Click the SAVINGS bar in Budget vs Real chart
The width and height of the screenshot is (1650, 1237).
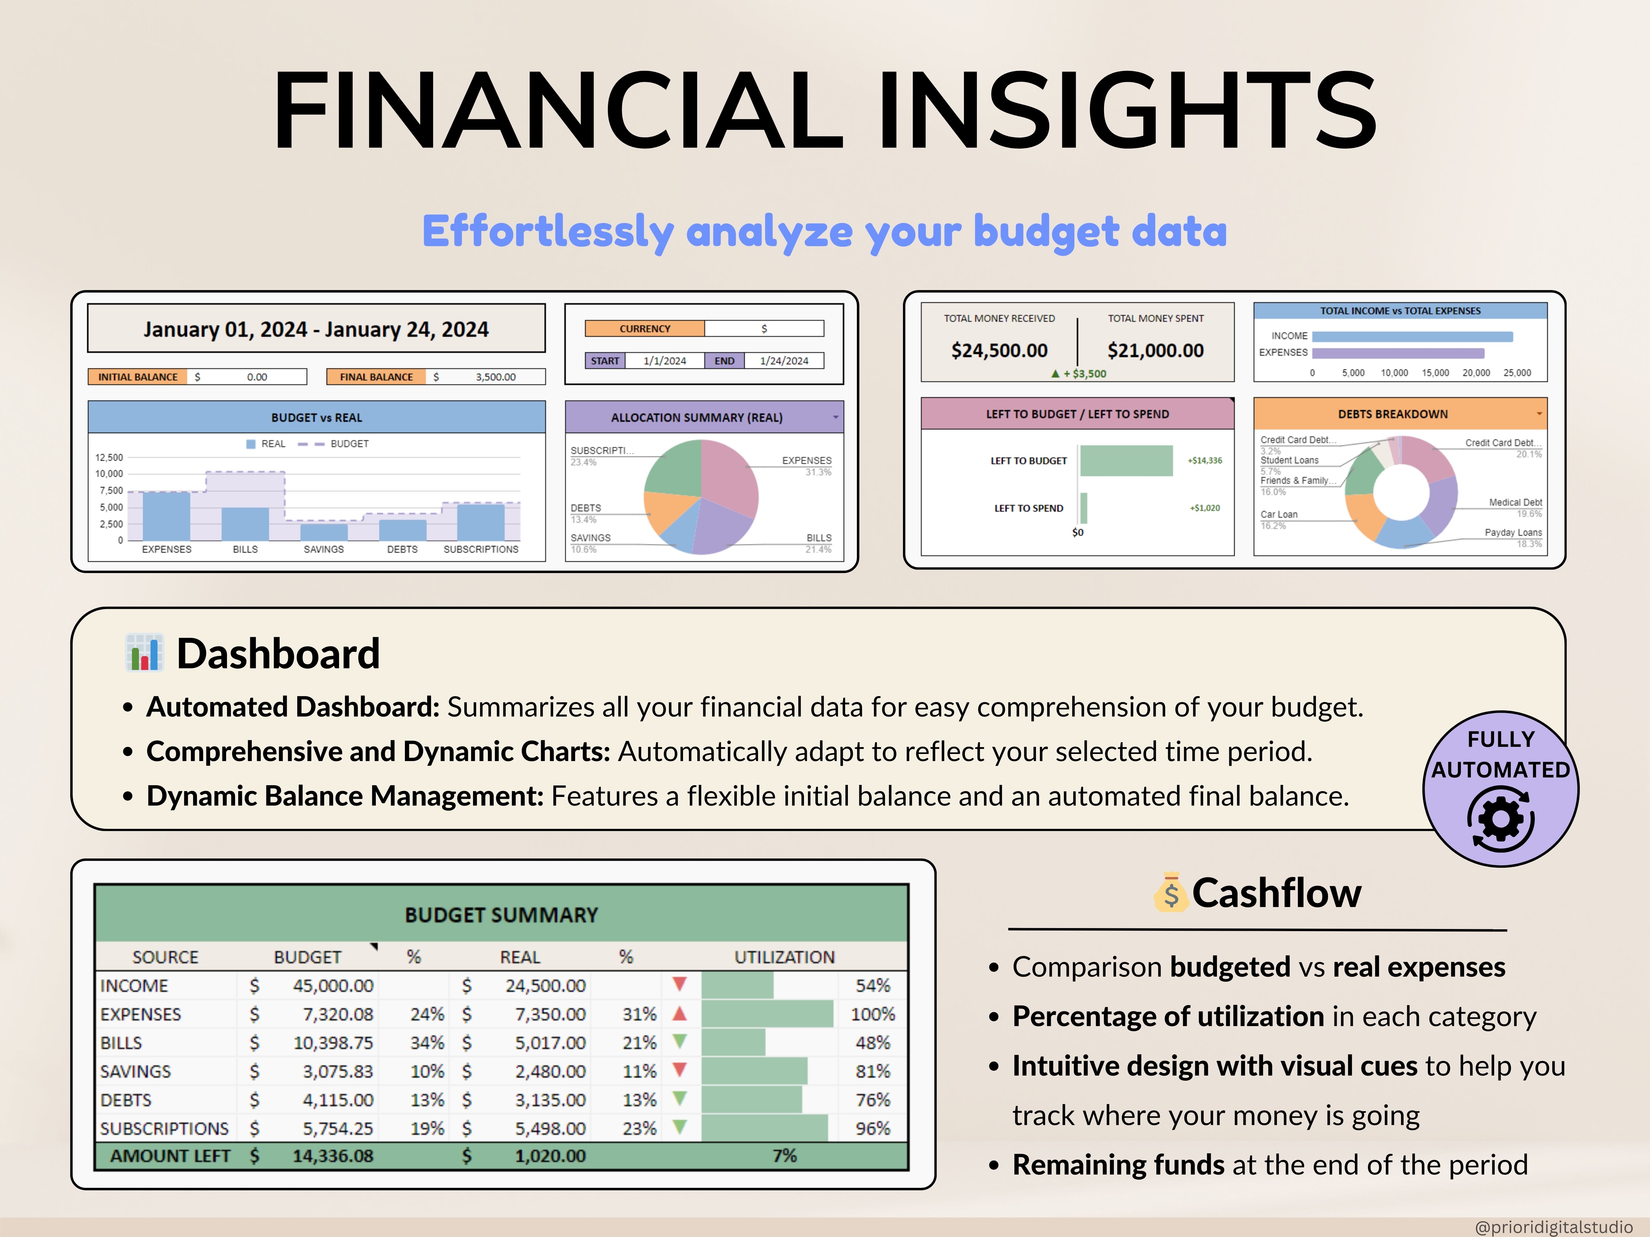[324, 532]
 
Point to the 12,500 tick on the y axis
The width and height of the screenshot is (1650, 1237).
[109, 457]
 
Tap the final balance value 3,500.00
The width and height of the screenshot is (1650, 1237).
[495, 377]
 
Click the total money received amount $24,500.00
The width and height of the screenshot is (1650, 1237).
[999, 350]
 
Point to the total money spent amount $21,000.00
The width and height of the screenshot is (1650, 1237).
[1155, 350]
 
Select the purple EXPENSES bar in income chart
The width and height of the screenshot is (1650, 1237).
[1398, 353]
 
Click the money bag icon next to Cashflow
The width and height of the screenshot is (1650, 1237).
[1170, 892]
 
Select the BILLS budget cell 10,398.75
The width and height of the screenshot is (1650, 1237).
[333, 1042]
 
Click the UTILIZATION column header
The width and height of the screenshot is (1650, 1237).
[784, 957]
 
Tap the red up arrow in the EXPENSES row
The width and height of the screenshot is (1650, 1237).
[679, 1013]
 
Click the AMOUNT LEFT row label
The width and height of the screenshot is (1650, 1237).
[170, 1156]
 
